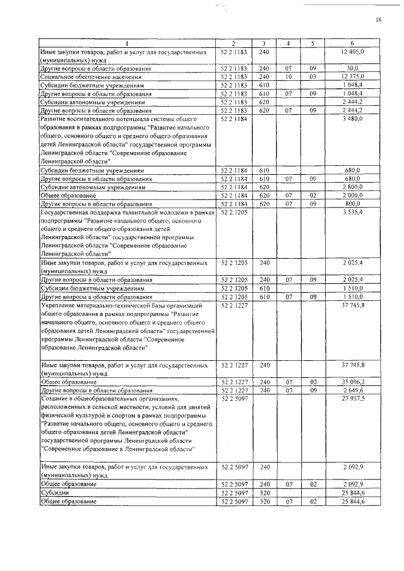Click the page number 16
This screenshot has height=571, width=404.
pos(378,20)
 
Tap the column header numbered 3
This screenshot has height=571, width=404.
pos(264,44)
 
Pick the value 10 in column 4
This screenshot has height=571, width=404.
pos(288,76)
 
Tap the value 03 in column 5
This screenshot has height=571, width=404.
pos(312,76)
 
